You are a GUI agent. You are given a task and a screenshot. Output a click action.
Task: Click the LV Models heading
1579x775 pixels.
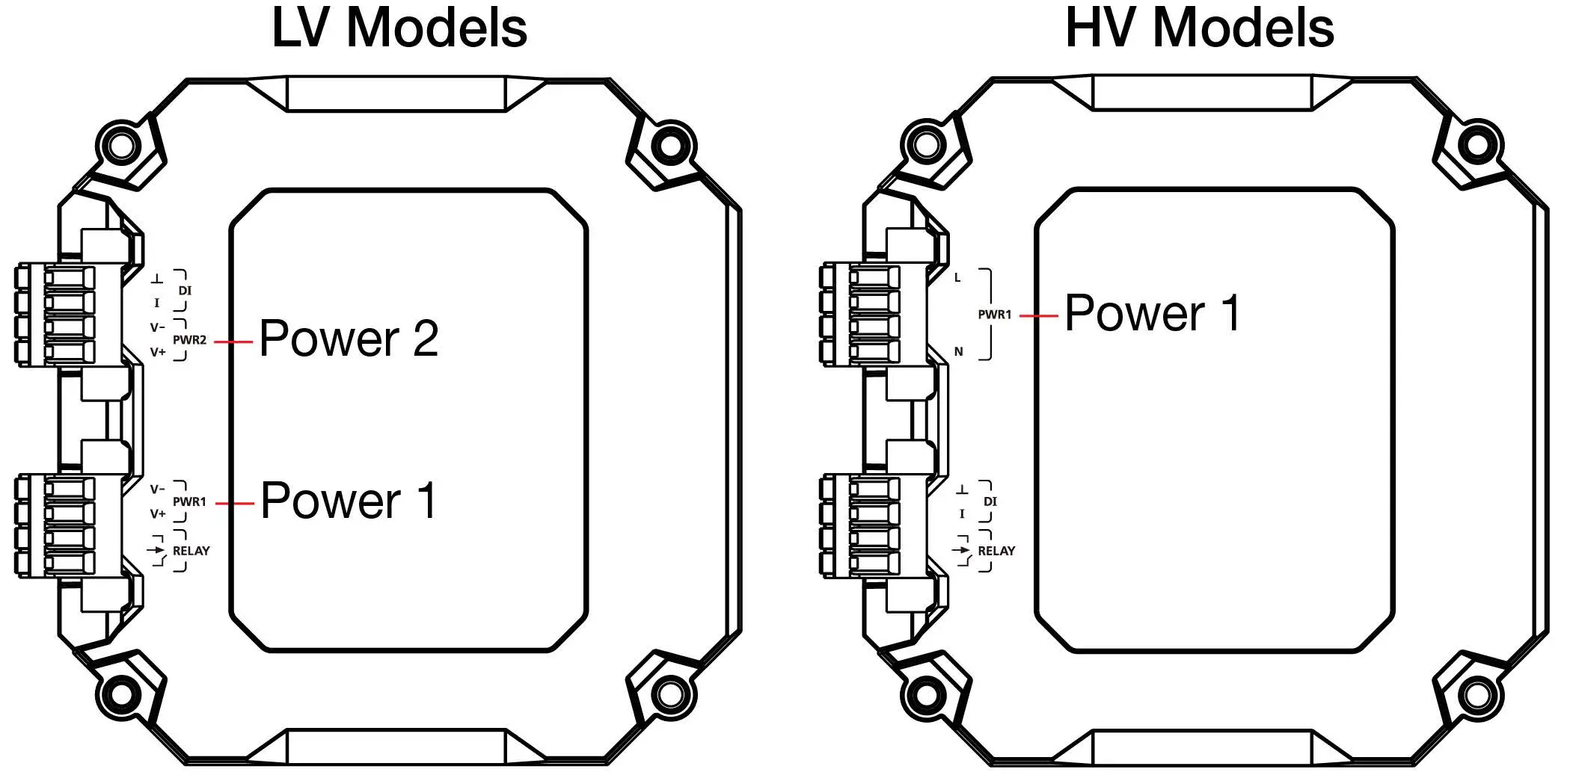point(399,28)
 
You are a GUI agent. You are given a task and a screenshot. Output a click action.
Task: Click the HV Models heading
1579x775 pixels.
point(1199,28)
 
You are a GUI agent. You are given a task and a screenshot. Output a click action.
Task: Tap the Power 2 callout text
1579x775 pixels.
point(349,339)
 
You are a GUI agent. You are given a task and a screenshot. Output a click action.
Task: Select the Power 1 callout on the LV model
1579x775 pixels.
point(349,501)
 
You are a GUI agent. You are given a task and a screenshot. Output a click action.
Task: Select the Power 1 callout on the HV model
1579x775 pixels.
point(1153,313)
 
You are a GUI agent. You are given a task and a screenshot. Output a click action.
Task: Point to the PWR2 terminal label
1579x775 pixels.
point(189,340)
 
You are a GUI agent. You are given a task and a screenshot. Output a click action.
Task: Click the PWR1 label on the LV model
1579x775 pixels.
point(189,502)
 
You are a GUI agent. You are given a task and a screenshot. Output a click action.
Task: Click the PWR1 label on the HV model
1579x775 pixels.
point(994,315)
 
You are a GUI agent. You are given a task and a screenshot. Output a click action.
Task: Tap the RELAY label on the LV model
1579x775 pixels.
point(191,551)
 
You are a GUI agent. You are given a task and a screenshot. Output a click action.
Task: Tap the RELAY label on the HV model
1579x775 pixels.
point(996,551)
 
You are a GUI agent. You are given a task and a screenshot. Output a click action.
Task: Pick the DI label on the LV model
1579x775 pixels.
point(185,291)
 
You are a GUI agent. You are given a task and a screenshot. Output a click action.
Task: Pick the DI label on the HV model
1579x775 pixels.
point(990,501)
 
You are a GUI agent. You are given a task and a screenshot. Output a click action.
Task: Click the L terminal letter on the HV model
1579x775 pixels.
point(957,277)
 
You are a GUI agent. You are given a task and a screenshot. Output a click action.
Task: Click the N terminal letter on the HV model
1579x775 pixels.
point(958,351)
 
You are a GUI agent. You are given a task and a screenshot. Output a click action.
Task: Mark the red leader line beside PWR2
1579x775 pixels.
point(233,341)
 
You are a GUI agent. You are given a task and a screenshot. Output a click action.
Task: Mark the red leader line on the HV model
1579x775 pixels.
point(1038,315)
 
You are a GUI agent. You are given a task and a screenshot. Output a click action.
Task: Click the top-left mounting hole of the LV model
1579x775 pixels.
point(120,144)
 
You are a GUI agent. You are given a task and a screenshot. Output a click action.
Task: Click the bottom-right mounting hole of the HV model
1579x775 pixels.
point(1477,695)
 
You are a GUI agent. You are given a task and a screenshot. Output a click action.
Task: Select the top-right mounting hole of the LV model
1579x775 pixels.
point(671,145)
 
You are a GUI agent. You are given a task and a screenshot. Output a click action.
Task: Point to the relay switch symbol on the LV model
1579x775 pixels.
point(157,551)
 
